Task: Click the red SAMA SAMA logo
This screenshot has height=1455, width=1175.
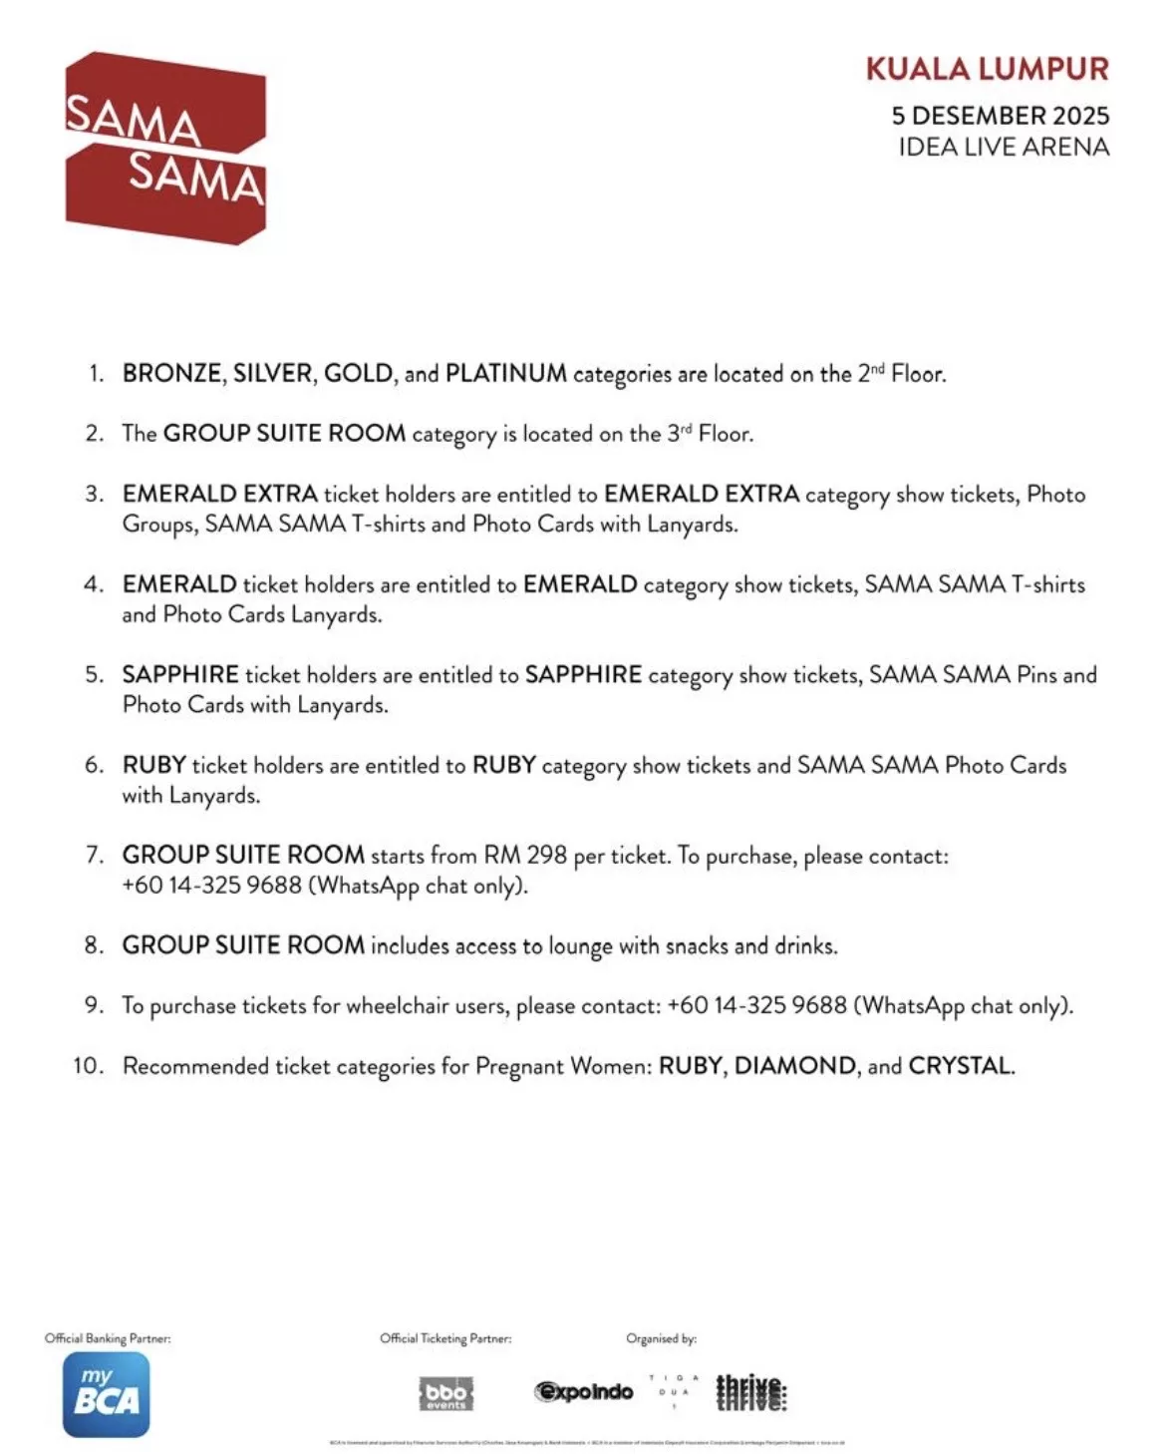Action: pyautogui.click(x=165, y=148)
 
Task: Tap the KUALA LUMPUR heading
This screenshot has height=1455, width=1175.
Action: pyautogui.click(x=987, y=69)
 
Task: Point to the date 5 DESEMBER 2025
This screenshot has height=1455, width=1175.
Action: pyautogui.click(x=1000, y=116)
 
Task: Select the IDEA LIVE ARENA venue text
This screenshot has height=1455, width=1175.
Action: pyautogui.click(x=1003, y=148)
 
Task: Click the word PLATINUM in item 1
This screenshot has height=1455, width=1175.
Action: pyautogui.click(x=505, y=374)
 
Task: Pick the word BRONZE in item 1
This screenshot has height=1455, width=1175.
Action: pyautogui.click(x=171, y=374)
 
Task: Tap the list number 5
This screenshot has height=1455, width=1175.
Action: pyautogui.click(x=94, y=675)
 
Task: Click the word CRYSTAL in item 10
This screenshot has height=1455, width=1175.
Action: pyautogui.click(x=959, y=1066)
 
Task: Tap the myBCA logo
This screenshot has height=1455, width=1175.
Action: pyautogui.click(x=107, y=1394)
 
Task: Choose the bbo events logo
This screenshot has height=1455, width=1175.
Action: pyautogui.click(x=445, y=1393)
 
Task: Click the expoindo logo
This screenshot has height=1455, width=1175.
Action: pyautogui.click(x=584, y=1392)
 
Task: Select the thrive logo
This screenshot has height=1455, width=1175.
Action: pyautogui.click(x=751, y=1392)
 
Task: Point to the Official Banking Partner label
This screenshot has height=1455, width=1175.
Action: pyautogui.click(x=108, y=1338)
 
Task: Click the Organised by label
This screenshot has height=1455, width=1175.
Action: pyautogui.click(x=661, y=1338)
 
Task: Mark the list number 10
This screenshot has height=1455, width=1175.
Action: pyautogui.click(x=88, y=1066)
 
